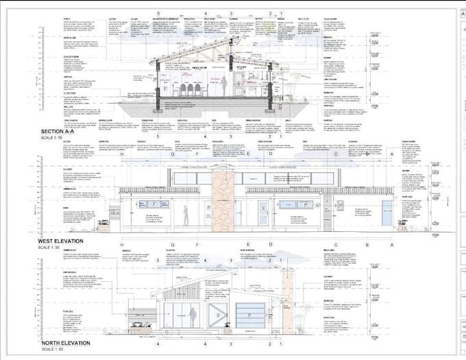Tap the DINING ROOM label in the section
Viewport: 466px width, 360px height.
199,68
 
